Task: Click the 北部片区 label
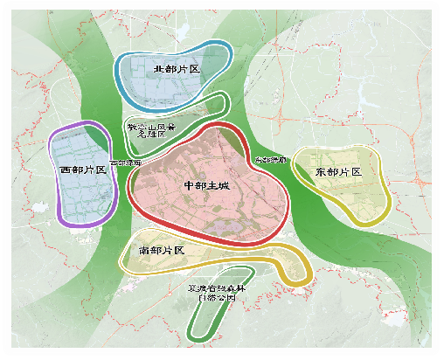177,68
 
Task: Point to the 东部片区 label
338,171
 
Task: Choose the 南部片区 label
163,250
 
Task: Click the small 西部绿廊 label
125,163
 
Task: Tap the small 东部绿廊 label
268,161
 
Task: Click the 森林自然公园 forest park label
212,293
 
